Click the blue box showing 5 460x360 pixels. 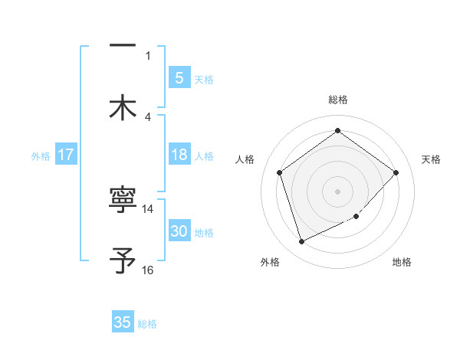pos(179,77)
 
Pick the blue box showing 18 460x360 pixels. pos(179,155)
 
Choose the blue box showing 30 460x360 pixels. pos(179,231)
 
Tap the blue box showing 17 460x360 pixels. pos(66,155)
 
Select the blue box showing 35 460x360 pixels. pos(123,322)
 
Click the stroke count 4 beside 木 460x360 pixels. pos(148,116)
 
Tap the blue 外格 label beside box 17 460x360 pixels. pos(41,155)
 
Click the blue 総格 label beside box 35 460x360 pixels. pos(147,324)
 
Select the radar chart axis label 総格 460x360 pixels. pos(337,100)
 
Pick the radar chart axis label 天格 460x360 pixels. pos(431,159)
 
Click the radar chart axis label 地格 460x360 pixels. pos(402,262)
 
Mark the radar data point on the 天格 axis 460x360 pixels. pos(396,172)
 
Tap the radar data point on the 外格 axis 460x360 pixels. pos(301,242)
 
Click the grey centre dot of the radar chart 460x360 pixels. pos(337,191)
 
